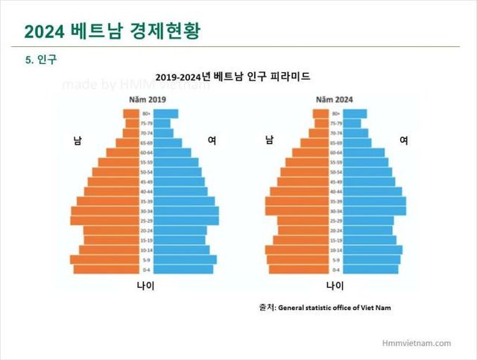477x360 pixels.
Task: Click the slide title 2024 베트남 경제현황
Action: (x=111, y=31)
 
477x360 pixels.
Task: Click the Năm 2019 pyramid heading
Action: (x=146, y=99)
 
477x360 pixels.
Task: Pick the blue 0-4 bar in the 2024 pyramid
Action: (x=371, y=269)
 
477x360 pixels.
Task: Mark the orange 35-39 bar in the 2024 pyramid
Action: (x=297, y=201)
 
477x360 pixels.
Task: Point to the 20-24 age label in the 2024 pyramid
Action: (x=336, y=230)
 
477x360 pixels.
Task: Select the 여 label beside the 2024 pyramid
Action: (x=404, y=139)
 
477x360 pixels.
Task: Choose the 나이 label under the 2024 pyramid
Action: (x=335, y=285)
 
